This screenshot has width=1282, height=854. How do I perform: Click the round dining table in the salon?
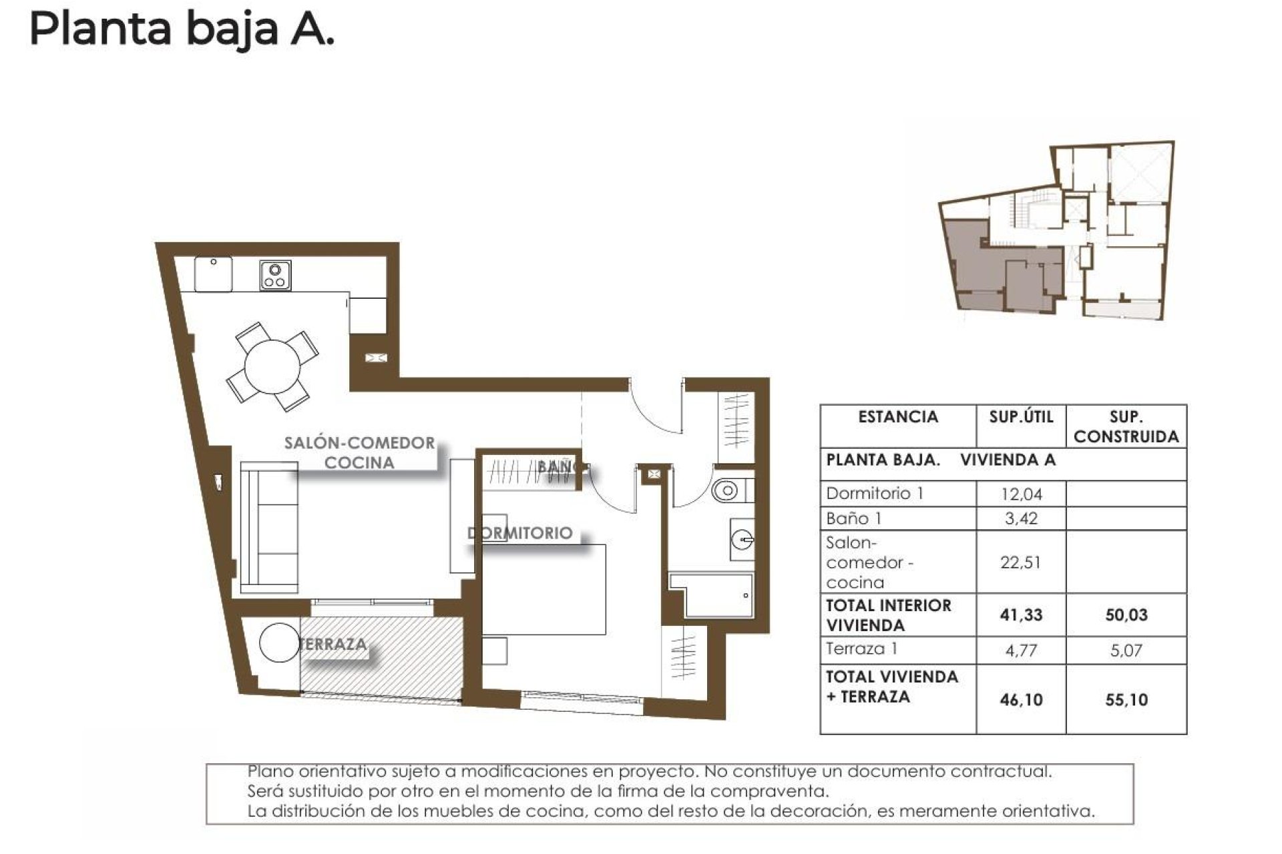click(272, 367)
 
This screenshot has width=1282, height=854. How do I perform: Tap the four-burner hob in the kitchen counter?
click(275, 276)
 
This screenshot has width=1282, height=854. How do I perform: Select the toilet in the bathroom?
click(726, 492)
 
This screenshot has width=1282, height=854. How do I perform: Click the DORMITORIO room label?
click(520, 533)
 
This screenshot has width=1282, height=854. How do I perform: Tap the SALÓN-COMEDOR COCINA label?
click(359, 452)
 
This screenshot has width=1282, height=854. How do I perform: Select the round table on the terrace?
click(278, 643)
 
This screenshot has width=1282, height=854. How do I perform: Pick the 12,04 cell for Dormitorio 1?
click(1020, 494)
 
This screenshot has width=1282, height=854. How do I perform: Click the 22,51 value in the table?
click(1020, 562)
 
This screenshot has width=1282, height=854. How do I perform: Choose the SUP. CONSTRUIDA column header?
click(1126, 427)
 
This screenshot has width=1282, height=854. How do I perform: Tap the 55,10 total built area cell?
click(1126, 700)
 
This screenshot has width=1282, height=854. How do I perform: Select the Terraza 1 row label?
click(861, 649)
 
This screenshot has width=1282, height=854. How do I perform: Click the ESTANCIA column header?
click(897, 418)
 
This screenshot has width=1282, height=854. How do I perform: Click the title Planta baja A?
click(181, 30)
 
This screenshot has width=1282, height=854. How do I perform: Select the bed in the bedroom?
click(544, 589)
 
